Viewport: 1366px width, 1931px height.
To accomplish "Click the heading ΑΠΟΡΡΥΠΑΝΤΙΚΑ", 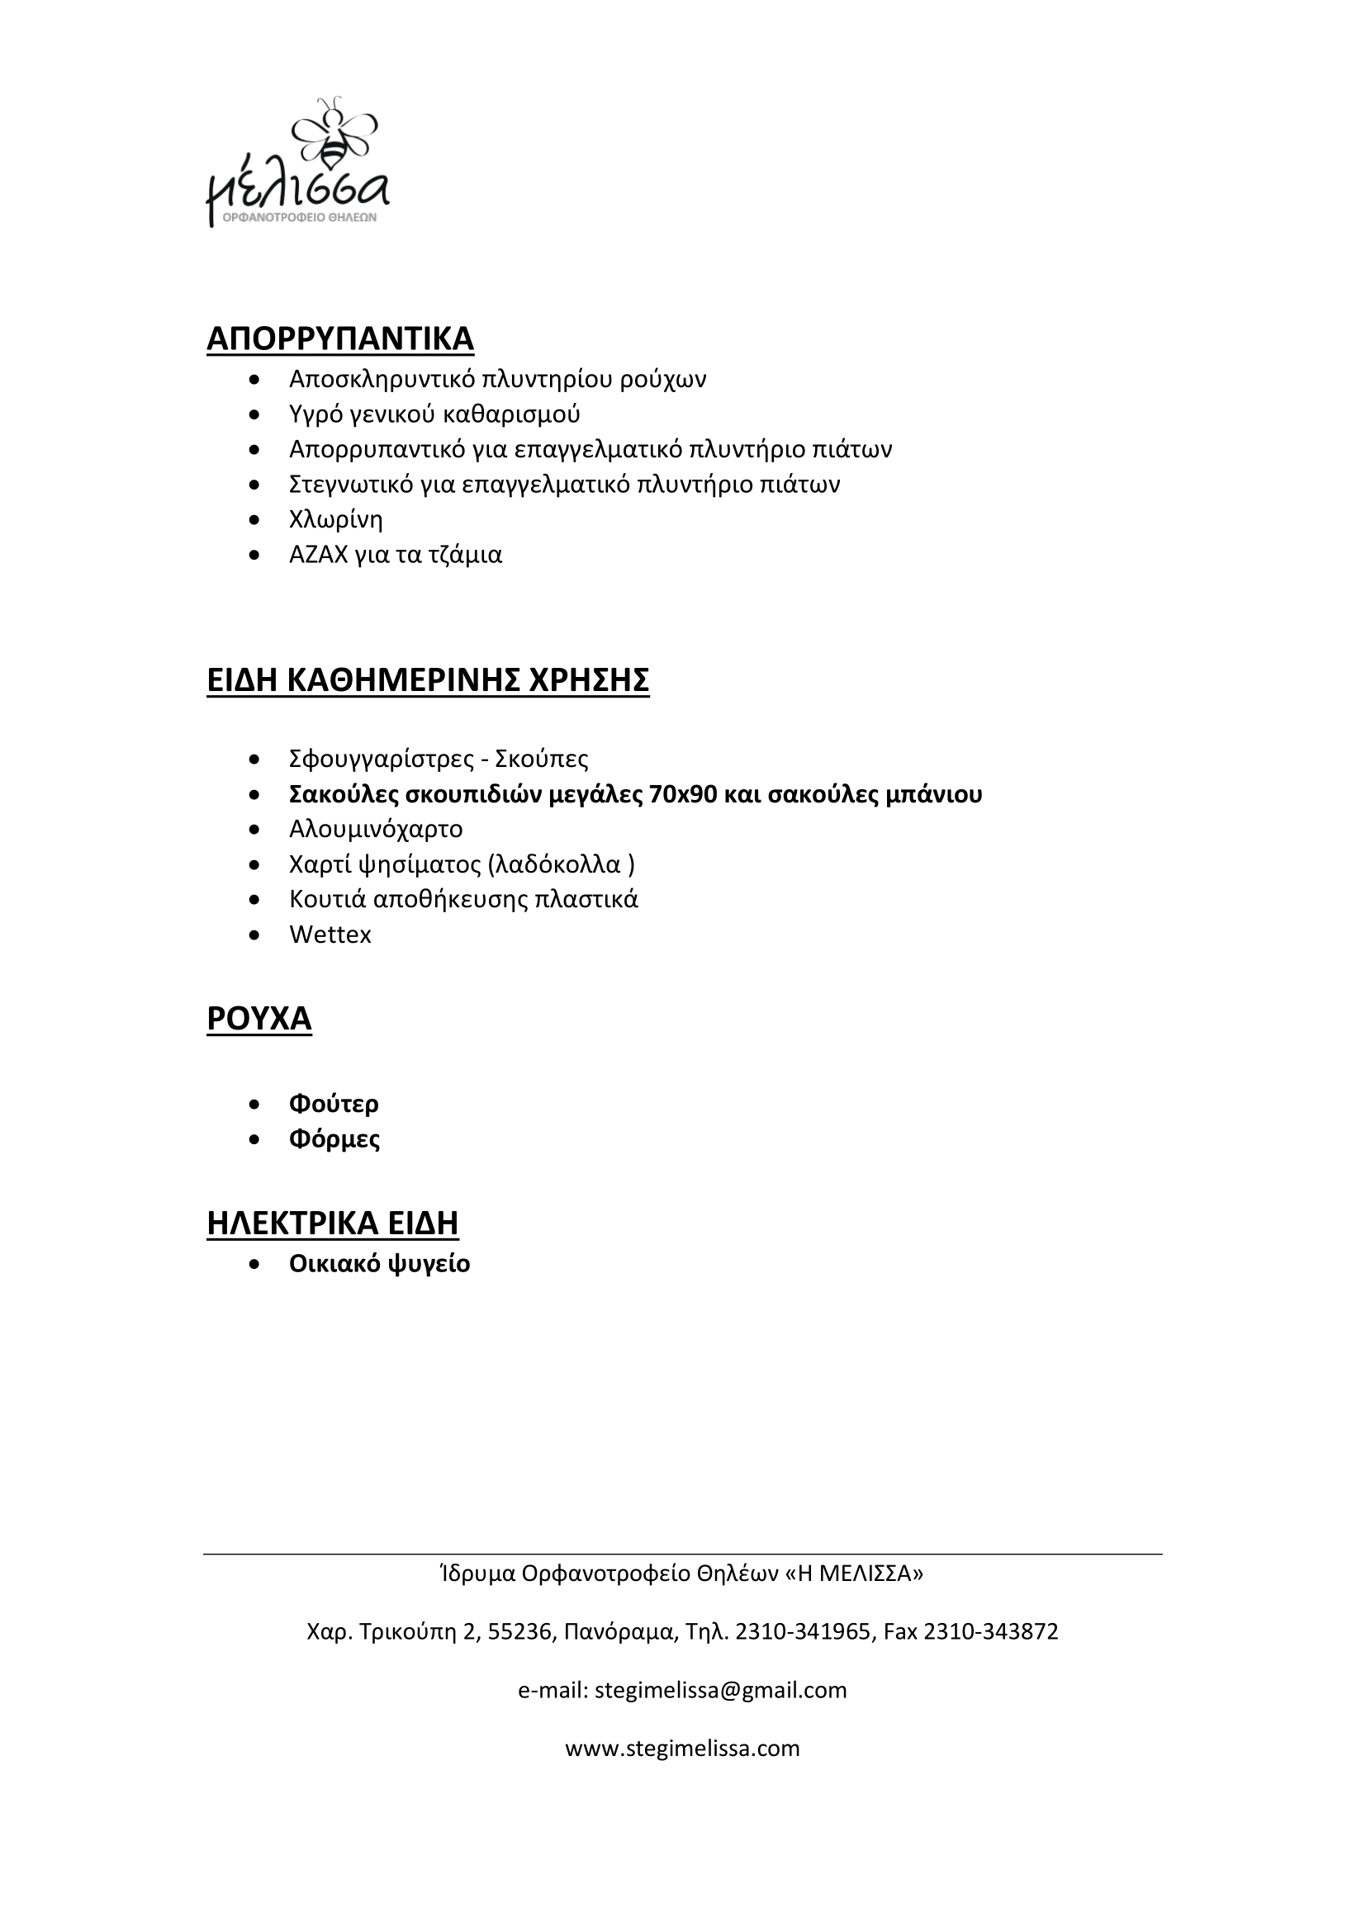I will point(339,339).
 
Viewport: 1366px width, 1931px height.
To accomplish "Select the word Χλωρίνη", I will point(335,520).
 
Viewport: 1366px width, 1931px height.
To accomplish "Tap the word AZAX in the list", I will point(318,555).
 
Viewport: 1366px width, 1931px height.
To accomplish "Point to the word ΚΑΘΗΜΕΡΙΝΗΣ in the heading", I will point(402,680).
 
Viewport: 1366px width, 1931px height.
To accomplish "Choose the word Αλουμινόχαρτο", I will point(376,829).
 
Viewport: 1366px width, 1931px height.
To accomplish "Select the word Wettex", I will point(330,935).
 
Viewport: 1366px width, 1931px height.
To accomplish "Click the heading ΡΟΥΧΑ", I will point(259,1019).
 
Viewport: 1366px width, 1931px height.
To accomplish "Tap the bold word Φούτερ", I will point(334,1104).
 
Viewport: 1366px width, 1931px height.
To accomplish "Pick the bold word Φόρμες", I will point(334,1138).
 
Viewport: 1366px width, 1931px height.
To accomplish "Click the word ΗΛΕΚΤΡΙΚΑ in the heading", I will point(292,1223).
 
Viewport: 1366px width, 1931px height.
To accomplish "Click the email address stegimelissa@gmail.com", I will point(720,1690).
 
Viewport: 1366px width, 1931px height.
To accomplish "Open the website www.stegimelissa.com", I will point(682,1749).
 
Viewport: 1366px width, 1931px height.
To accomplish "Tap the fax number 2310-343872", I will point(991,1631).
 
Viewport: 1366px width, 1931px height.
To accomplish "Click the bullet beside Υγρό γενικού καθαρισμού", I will point(255,414).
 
